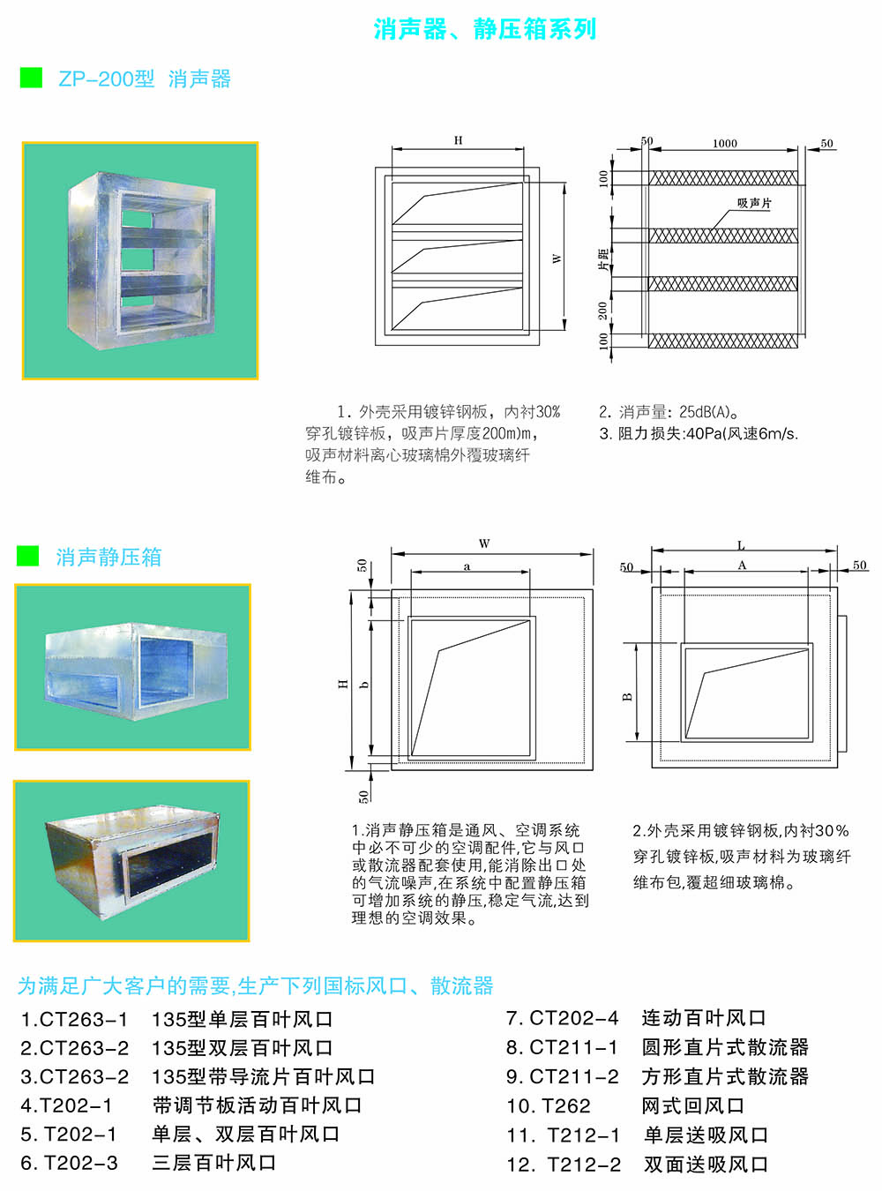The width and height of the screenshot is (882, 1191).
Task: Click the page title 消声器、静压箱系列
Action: (x=485, y=29)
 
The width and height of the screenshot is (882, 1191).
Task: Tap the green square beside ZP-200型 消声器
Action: (x=31, y=78)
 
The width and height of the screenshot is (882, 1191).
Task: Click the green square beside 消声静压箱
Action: (x=28, y=556)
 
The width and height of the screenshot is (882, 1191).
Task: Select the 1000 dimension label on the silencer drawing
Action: (x=725, y=144)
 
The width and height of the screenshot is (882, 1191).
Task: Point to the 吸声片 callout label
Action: (x=754, y=204)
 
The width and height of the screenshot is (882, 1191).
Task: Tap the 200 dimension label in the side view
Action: (x=603, y=311)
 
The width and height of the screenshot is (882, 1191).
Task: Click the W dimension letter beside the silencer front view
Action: (x=557, y=258)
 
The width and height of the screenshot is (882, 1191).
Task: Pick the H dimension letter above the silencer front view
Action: (x=458, y=140)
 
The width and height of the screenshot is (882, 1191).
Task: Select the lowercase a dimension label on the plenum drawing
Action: (x=467, y=566)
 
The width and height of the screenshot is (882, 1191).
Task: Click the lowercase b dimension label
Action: (x=364, y=685)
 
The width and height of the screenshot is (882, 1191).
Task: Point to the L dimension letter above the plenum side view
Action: (x=741, y=545)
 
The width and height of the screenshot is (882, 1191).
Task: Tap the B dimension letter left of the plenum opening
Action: (x=628, y=696)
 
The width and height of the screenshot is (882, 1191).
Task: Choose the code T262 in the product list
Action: (x=566, y=1106)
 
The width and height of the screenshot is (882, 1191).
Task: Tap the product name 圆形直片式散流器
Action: (x=725, y=1048)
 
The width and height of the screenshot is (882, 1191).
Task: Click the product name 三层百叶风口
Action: (x=214, y=1164)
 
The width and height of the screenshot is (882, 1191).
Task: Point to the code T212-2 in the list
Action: (x=584, y=1165)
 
